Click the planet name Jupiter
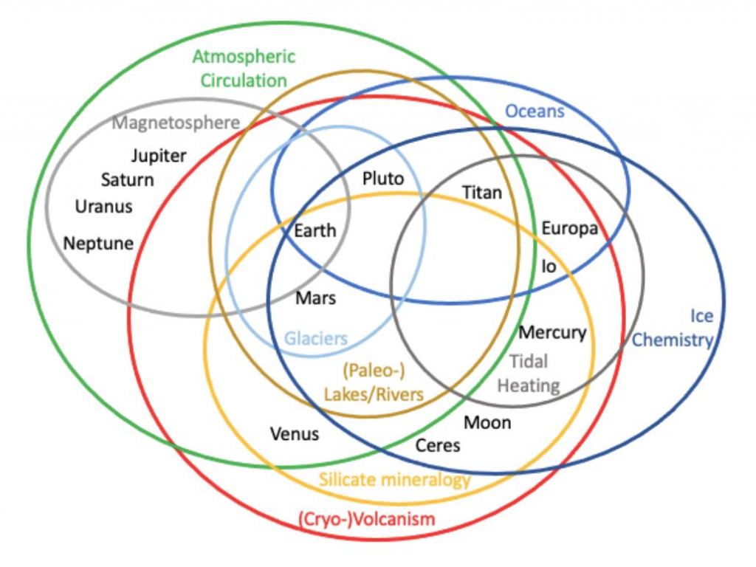(x=159, y=156)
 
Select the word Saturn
(x=128, y=180)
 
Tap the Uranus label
(x=104, y=206)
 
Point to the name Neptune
(x=98, y=243)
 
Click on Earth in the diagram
(x=315, y=230)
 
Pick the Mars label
(x=315, y=298)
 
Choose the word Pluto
(x=383, y=179)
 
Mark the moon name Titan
(x=481, y=193)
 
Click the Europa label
(x=569, y=228)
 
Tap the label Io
(x=549, y=266)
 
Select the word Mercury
(x=552, y=332)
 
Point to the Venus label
(x=295, y=433)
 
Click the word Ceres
(x=438, y=445)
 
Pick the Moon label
(x=487, y=422)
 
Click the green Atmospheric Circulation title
(x=244, y=68)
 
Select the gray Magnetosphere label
(x=176, y=123)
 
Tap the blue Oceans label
(x=535, y=111)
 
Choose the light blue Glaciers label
(x=316, y=339)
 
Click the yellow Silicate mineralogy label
(x=394, y=480)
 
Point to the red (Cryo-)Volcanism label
(x=366, y=519)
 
